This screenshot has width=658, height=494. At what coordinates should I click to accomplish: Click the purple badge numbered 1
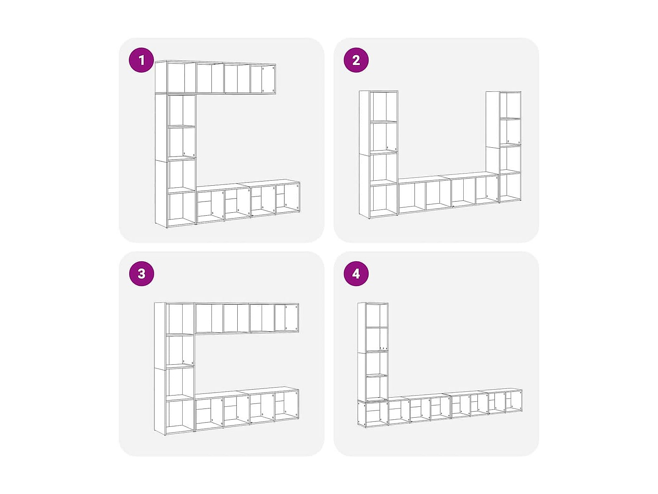coord(141,60)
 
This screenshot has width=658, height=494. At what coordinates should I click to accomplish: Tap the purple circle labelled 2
coord(356,60)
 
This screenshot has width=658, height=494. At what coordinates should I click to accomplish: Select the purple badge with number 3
coord(141,274)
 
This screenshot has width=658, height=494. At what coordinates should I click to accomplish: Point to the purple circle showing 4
coord(356,274)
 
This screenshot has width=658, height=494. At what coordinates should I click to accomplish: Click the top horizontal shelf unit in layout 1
coord(215,77)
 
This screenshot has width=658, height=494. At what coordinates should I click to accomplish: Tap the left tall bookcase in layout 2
coord(379,154)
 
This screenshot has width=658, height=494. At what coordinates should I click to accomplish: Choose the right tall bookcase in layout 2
coord(504,147)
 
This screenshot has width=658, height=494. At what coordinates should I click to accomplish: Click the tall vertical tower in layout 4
coord(373,352)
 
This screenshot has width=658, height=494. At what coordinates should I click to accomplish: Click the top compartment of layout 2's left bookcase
coord(383,106)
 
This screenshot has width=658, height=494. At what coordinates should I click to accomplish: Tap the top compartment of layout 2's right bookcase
coord(510,105)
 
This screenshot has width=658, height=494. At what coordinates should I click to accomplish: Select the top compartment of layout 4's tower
coord(377,315)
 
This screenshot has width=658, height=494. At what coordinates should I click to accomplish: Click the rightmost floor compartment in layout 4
coord(514,402)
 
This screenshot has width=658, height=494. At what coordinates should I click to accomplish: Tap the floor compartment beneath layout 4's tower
coord(373,413)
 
